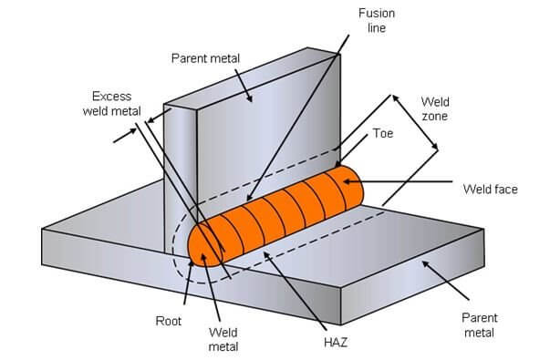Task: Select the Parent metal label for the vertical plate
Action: point(205,58)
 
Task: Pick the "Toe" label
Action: point(382,133)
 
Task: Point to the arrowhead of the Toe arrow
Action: point(338,167)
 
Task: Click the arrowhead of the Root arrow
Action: point(192,258)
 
